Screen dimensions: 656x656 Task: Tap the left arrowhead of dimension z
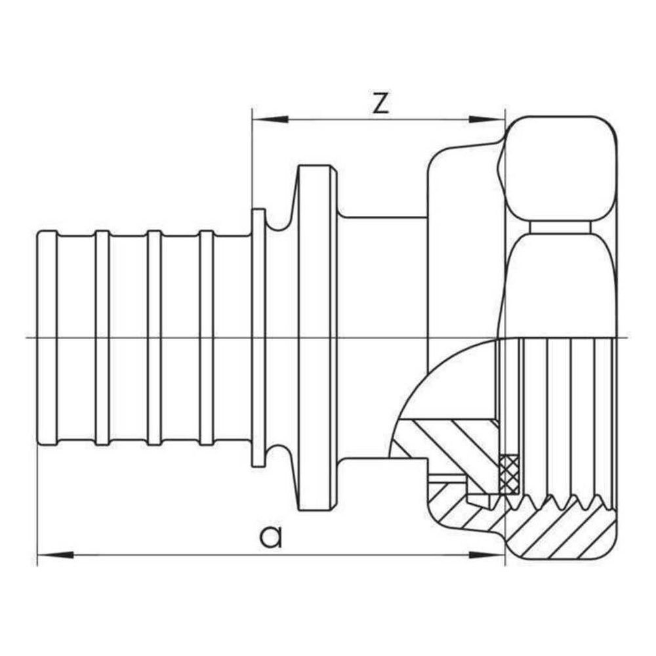tap(270, 119)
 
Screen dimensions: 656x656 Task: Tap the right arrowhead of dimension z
tap(486, 119)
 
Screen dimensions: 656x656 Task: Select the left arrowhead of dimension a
tap(56, 555)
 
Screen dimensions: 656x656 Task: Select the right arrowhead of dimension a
tap(486, 555)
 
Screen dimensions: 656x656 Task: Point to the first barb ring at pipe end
tap(47, 338)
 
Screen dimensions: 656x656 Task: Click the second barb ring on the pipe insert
tap(102, 338)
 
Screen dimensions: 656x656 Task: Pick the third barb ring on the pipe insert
tap(154, 338)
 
